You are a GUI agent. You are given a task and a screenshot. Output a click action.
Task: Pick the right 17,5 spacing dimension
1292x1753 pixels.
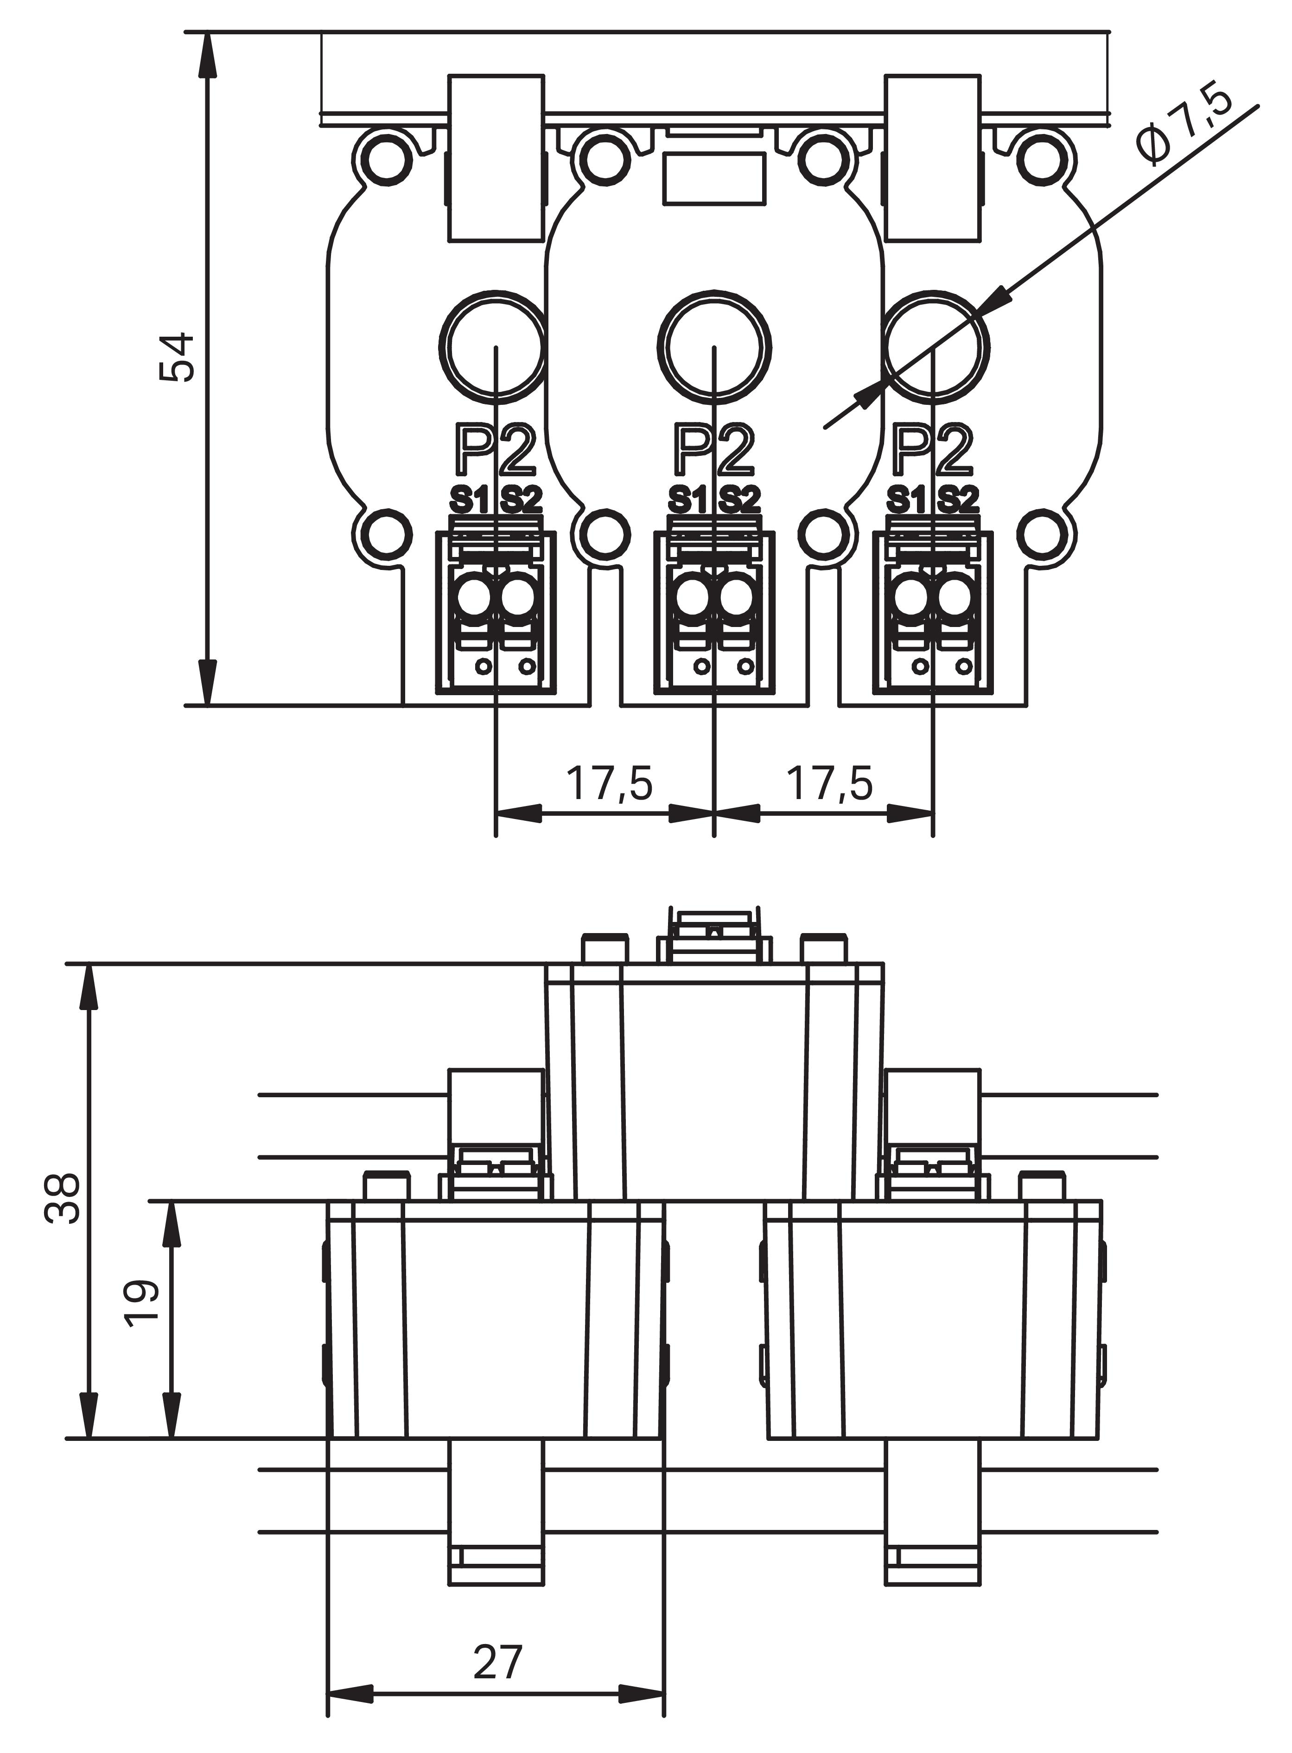(x=829, y=784)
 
